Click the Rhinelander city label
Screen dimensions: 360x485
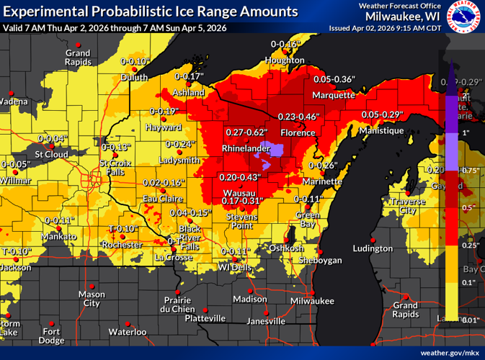pos(245,148)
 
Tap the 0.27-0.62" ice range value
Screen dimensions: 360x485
pos(246,132)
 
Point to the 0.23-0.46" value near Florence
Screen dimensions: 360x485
pos(298,116)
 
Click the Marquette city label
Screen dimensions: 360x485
pos(334,95)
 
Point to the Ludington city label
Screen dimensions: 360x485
pos(373,248)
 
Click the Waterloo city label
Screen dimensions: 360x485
pos(127,332)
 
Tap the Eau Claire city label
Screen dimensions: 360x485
pos(160,198)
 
